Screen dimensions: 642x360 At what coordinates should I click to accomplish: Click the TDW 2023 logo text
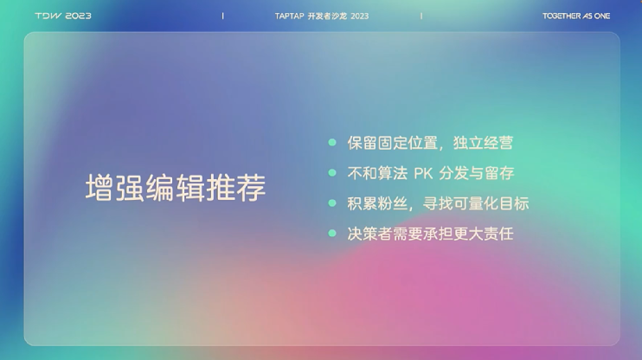click(63, 16)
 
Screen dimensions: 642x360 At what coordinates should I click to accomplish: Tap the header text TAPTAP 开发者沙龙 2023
click(322, 16)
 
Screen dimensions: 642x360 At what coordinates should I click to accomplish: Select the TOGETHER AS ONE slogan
click(576, 16)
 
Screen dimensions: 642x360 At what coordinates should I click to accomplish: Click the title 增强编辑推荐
click(176, 188)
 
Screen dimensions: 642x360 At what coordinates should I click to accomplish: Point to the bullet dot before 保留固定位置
click(332, 143)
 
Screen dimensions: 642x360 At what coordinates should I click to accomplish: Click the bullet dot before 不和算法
click(332, 173)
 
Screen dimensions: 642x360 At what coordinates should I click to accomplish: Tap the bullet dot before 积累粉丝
click(332, 203)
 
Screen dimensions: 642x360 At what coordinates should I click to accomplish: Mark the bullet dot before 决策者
click(332, 234)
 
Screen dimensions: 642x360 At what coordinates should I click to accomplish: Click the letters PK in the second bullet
click(423, 173)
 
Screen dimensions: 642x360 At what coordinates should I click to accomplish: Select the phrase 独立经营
click(483, 143)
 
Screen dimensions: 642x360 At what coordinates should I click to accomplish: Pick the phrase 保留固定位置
click(393, 143)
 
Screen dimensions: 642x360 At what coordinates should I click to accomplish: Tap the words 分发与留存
click(477, 173)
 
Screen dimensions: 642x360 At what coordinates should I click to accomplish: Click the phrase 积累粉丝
click(377, 203)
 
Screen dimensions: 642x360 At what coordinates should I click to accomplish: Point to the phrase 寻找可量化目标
click(476, 203)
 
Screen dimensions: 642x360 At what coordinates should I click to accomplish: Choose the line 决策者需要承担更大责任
click(430, 234)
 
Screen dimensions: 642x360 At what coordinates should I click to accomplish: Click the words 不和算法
click(377, 173)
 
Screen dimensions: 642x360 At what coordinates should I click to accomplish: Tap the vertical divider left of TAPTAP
click(222, 16)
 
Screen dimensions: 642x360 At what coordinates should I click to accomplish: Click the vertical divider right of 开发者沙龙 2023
click(421, 16)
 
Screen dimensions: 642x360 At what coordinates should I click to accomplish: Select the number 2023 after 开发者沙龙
click(359, 16)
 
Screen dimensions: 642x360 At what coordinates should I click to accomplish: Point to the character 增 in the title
click(100, 188)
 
